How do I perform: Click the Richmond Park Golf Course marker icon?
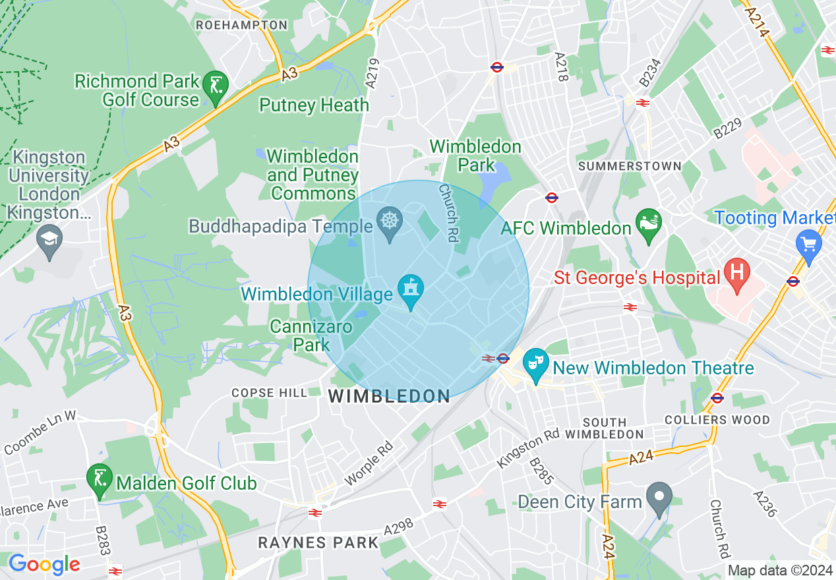coord(216,86)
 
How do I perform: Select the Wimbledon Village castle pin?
coord(411,289)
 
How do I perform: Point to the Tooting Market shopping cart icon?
coord(809,244)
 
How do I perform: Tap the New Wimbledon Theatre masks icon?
coord(536,363)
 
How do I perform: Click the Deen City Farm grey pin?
coord(659,498)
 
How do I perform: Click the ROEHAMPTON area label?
coord(242,25)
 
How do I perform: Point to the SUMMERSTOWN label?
coord(630,167)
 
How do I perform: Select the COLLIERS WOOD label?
coord(717,420)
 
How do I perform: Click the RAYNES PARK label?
coord(318,543)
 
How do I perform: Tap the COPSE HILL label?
coord(269,393)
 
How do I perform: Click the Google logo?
coord(44,565)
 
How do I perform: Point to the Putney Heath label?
coord(314,105)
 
